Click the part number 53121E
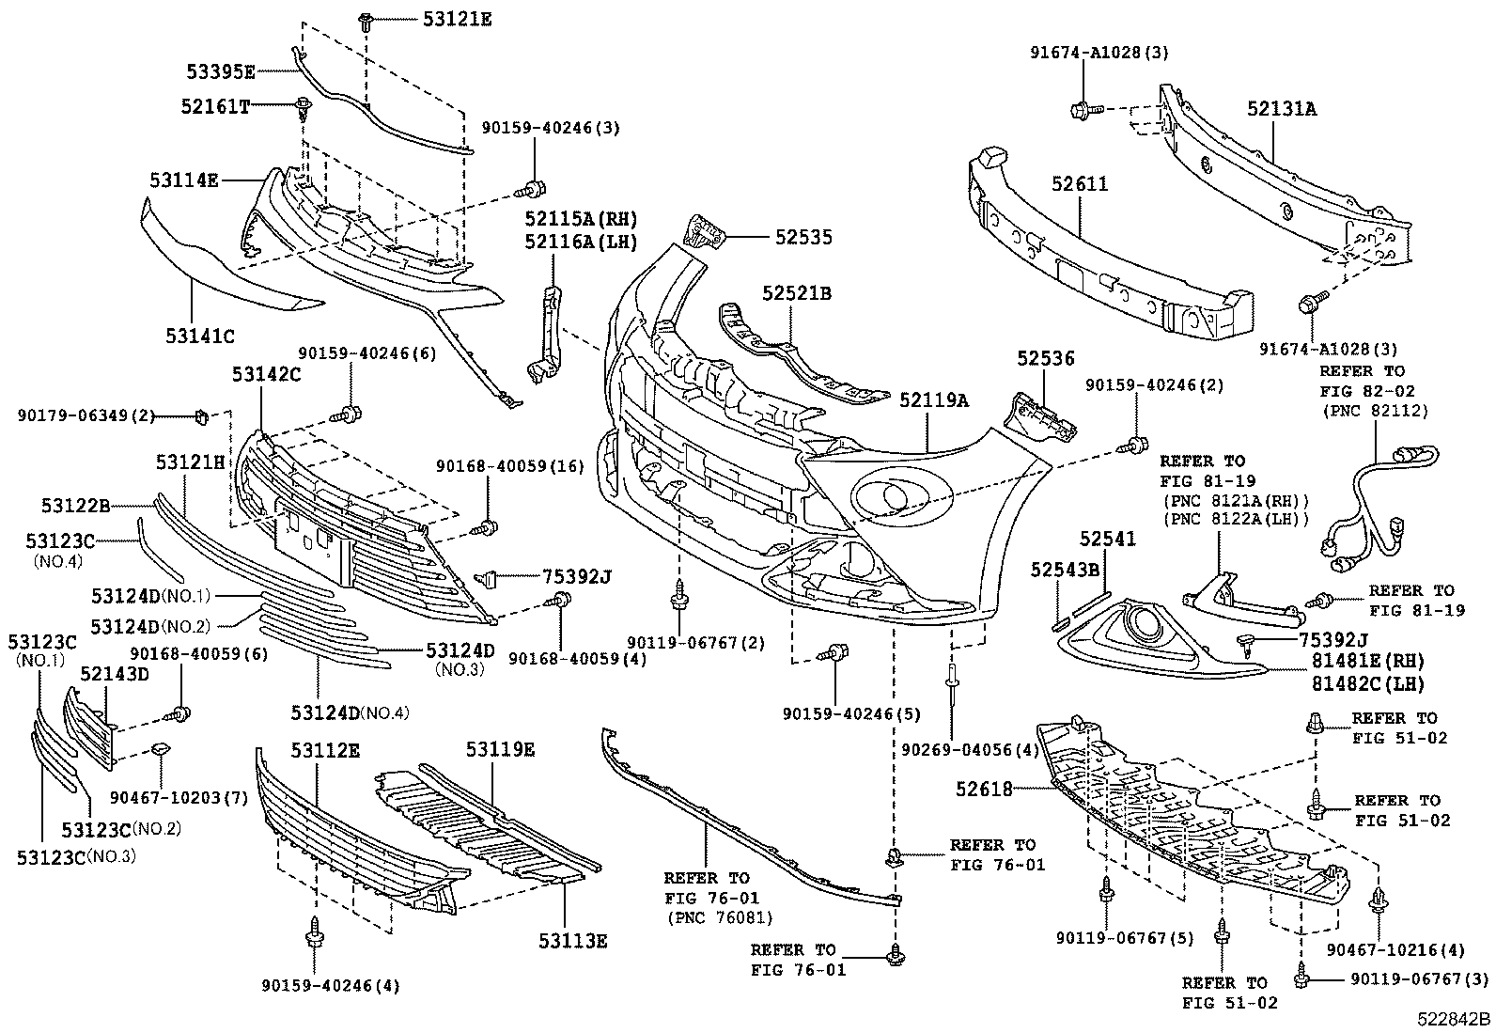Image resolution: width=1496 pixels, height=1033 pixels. click(x=458, y=18)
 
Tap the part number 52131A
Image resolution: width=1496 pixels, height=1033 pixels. click(x=1282, y=109)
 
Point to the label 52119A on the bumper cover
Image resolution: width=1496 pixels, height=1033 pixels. click(x=934, y=400)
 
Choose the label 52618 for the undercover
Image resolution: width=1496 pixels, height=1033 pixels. click(x=985, y=790)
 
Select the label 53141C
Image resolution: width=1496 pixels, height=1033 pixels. click(x=200, y=336)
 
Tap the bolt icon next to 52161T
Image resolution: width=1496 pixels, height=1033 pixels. click(x=304, y=106)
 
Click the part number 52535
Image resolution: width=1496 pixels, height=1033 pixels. click(x=803, y=238)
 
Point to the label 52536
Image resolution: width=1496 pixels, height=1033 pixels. click(x=1045, y=359)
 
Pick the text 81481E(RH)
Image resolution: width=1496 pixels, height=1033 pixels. click(x=1362, y=661)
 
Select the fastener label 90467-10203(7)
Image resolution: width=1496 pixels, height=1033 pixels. click(x=164, y=797)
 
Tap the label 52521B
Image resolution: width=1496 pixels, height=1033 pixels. click(x=797, y=294)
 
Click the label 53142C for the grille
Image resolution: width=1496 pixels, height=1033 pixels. click(x=266, y=375)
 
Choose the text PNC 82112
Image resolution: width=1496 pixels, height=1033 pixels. click(x=1375, y=411)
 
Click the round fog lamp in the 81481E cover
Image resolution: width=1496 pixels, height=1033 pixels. click(x=1144, y=624)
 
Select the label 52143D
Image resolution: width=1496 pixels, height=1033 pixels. click(x=114, y=673)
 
